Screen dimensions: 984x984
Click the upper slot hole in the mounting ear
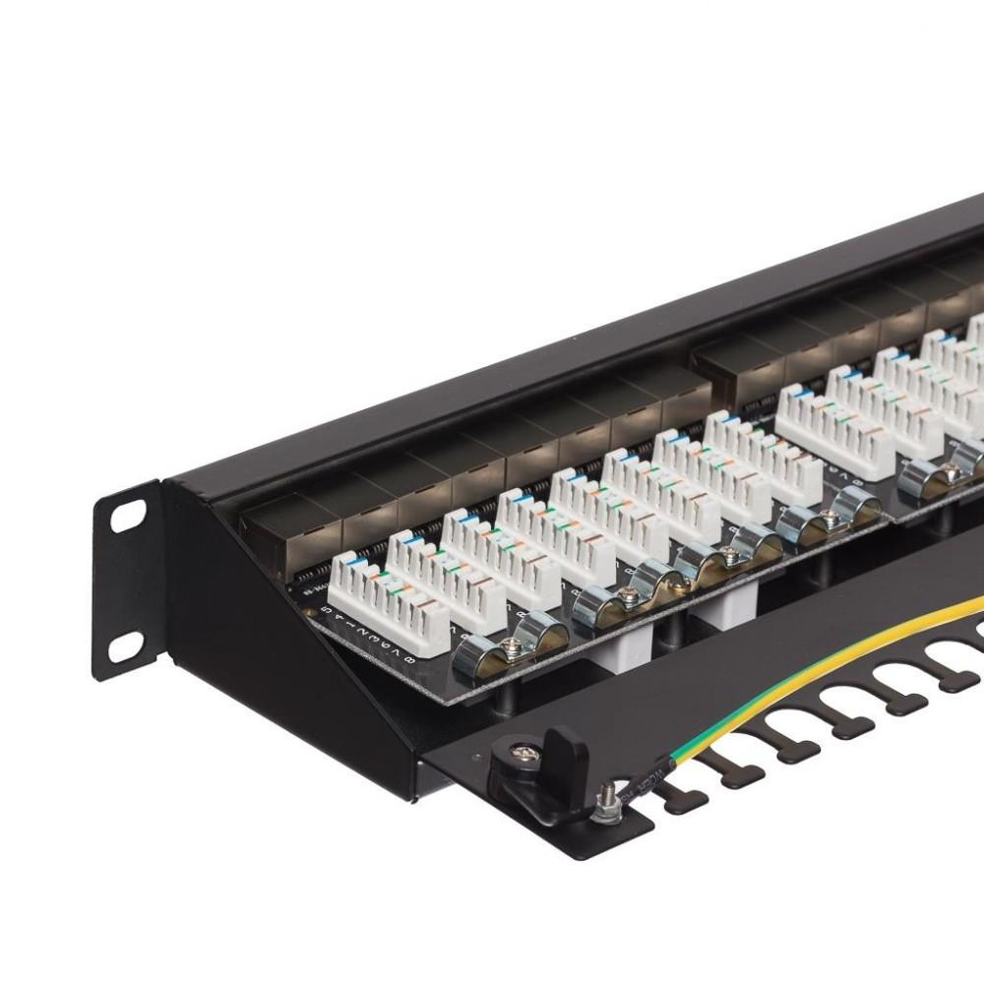point(127,516)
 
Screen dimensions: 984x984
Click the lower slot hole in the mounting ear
point(125,646)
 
